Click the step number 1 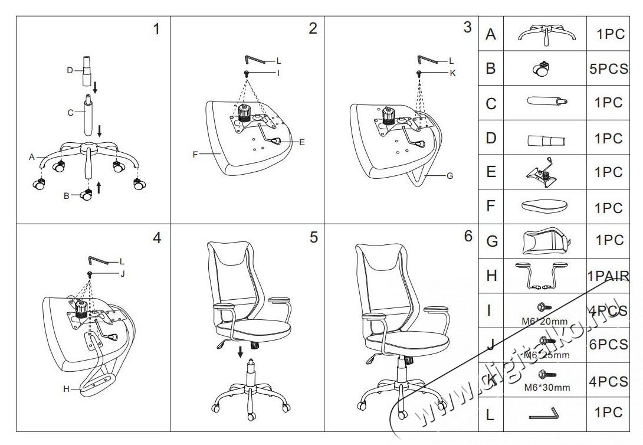coord(156,29)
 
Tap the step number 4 coord(156,238)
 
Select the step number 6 coord(468,237)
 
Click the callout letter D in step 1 coord(69,70)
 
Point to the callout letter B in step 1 coord(66,195)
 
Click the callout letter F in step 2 coord(195,155)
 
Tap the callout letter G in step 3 coord(450,175)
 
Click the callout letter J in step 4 coord(123,274)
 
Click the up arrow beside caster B coord(99,188)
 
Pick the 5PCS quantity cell coord(608,68)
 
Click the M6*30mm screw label coord(547,388)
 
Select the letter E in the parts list coord(490,173)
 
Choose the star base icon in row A coord(546,35)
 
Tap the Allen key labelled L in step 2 coord(253,60)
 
